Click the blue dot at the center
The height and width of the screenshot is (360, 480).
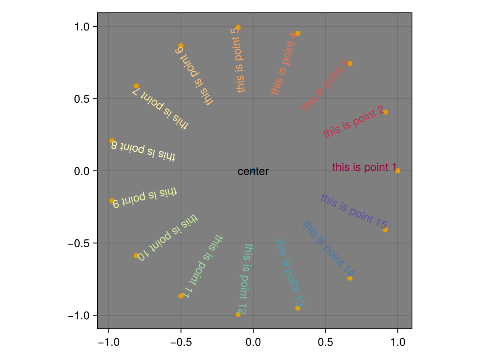click(253, 171)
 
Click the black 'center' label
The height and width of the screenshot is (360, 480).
click(253, 172)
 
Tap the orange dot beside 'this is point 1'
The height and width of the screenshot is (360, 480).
click(398, 171)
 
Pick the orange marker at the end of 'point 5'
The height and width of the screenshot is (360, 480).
click(238, 27)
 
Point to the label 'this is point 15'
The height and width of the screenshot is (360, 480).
click(354, 211)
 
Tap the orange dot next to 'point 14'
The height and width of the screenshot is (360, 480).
click(350, 278)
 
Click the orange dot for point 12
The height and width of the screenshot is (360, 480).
click(238, 314)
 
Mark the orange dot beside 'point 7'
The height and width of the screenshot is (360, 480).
click(136, 86)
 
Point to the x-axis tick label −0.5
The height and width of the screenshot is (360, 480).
click(181, 342)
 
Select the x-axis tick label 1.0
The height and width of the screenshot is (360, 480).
click(398, 342)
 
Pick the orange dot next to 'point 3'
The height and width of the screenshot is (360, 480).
click(350, 64)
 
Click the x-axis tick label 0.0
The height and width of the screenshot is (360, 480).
click(253, 342)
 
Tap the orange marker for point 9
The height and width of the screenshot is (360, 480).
click(112, 201)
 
